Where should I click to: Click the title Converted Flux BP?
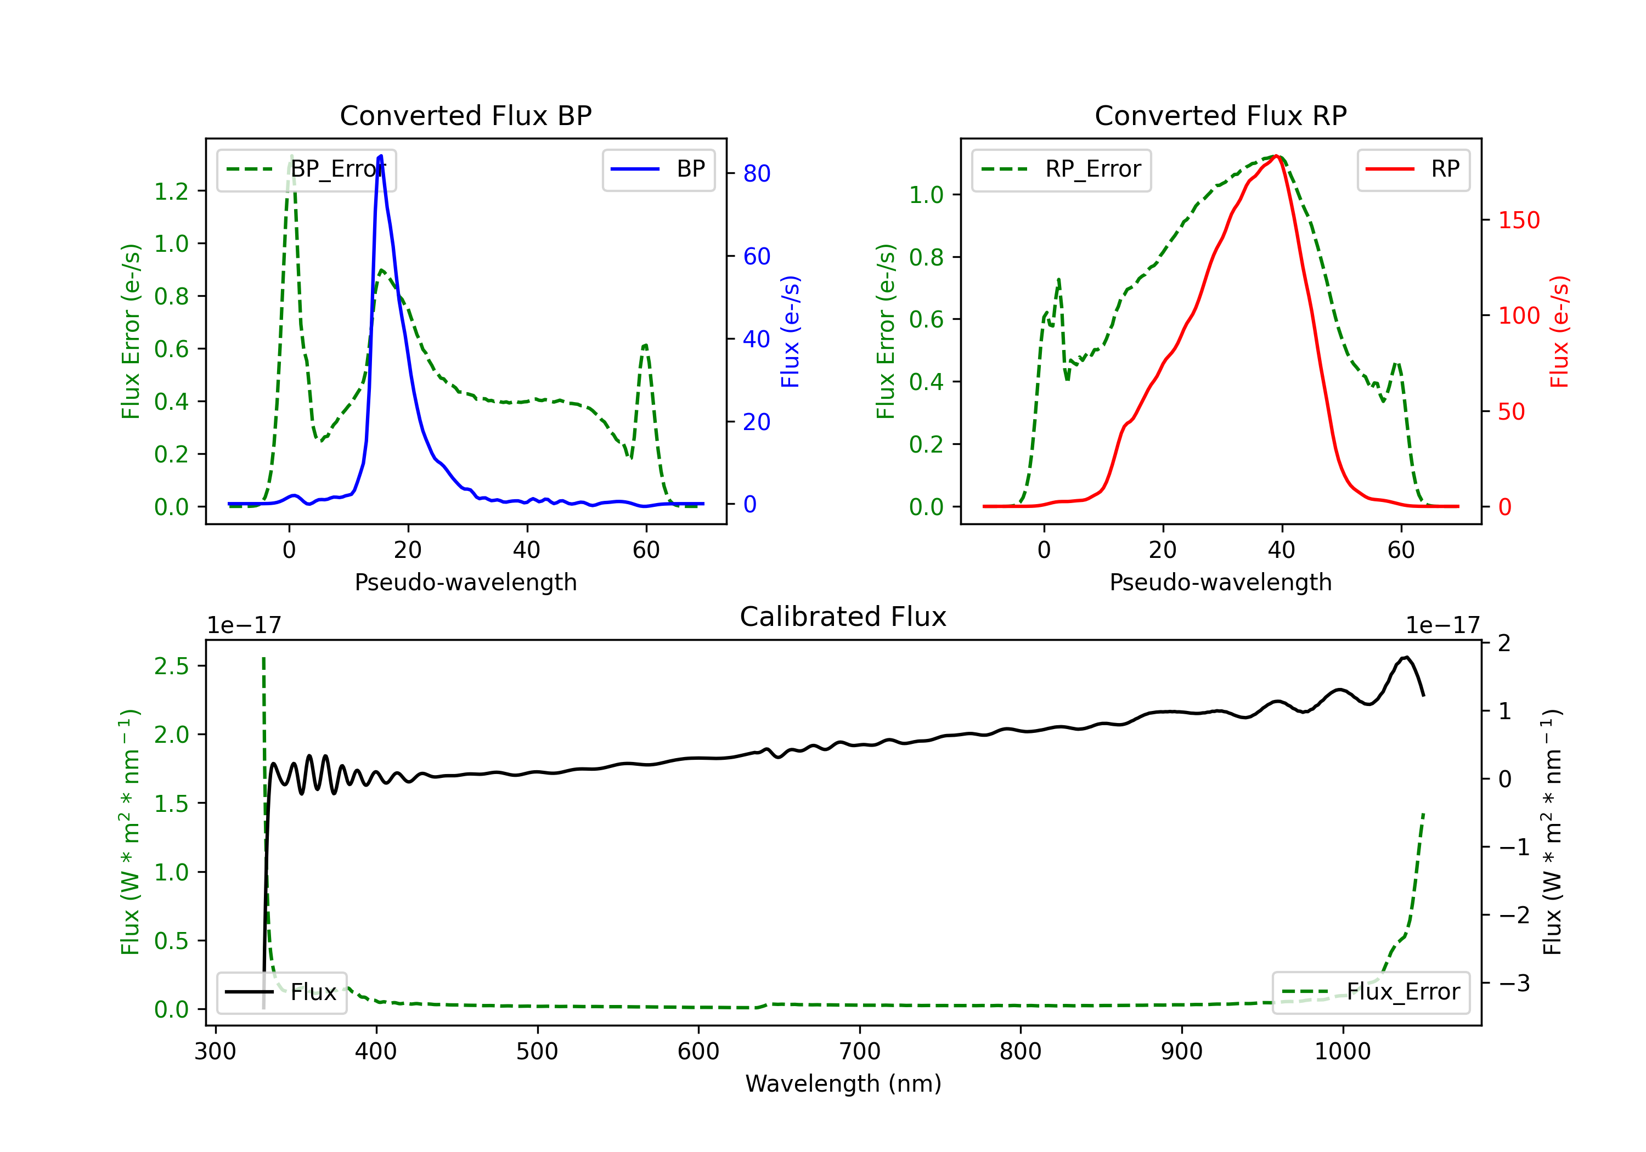pyautogui.click(x=465, y=115)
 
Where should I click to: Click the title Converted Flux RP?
pyautogui.click(x=1220, y=115)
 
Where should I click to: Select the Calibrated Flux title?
pyautogui.click(x=843, y=617)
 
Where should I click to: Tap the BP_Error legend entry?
pyautogui.click(x=306, y=169)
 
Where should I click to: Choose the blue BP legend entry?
pyautogui.click(x=658, y=169)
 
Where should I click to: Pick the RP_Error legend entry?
pyautogui.click(x=1061, y=169)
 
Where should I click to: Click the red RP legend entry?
pyautogui.click(x=1413, y=169)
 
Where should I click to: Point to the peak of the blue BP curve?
pyautogui.click(x=381, y=156)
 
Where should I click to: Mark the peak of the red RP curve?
pyautogui.click(x=1277, y=156)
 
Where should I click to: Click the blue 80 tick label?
pyautogui.click(x=757, y=173)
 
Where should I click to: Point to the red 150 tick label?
pyautogui.click(x=1519, y=220)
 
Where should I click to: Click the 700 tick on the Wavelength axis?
pyautogui.click(x=860, y=1052)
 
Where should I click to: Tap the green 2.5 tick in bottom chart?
pyautogui.click(x=171, y=666)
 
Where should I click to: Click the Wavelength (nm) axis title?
pyautogui.click(x=843, y=1083)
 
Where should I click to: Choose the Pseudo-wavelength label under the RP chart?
pyautogui.click(x=1220, y=582)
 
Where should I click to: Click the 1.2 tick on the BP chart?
pyautogui.click(x=171, y=191)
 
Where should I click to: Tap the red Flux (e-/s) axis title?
pyautogui.click(x=1560, y=331)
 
